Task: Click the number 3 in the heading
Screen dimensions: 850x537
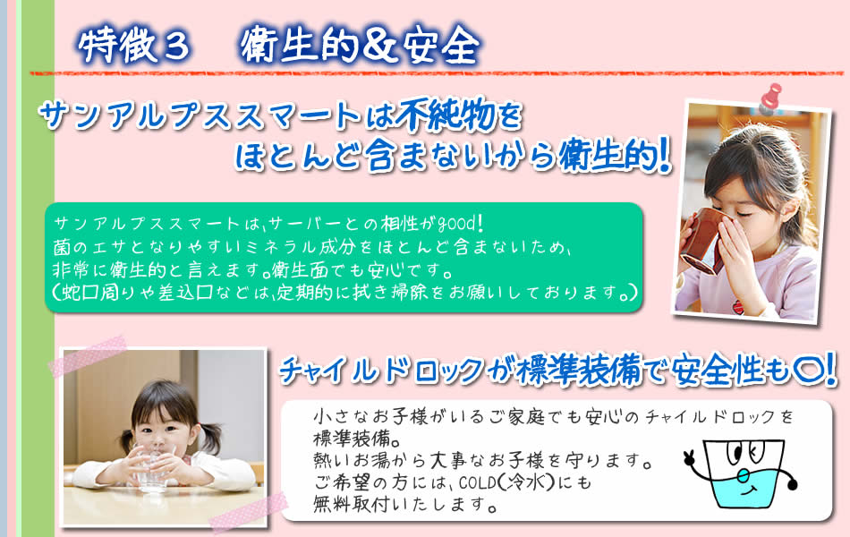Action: (174, 47)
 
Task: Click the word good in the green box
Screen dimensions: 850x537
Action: (455, 222)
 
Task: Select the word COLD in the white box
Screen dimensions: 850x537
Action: (475, 482)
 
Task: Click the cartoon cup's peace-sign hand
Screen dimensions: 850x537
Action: (690, 457)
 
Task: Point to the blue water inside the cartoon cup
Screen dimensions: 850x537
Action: (747, 490)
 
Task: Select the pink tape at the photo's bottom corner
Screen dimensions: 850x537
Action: (247, 513)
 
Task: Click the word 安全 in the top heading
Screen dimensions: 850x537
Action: (441, 45)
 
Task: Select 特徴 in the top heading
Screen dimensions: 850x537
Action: (118, 46)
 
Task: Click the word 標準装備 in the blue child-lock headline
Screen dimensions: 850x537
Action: (578, 371)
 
